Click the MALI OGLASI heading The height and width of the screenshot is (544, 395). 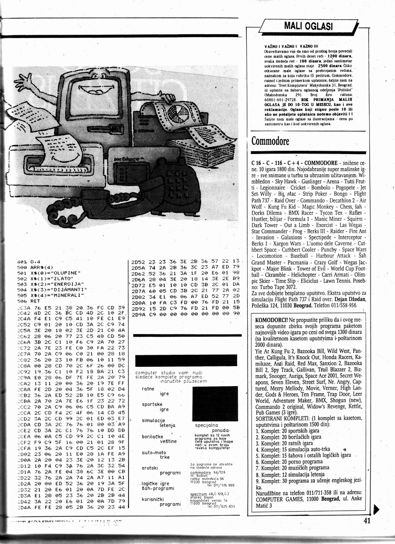[308, 26]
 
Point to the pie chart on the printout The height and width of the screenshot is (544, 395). [162, 115]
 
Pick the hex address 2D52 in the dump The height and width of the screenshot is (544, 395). [139, 261]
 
